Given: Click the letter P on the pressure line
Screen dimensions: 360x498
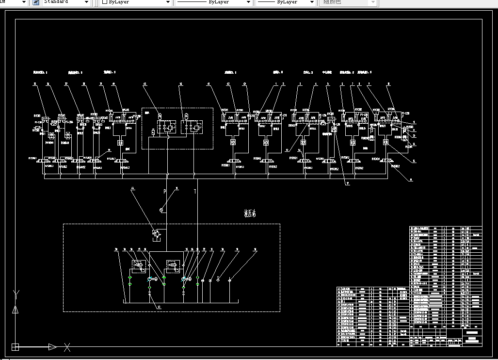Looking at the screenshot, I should (x=164, y=192).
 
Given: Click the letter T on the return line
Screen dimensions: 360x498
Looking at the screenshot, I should (x=195, y=192).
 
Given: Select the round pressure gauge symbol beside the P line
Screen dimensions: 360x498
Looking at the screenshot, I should (x=161, y=210).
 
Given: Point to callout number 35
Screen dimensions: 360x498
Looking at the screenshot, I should (x=35, y=84).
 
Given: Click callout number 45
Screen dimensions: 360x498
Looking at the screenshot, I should (x=145, y=84).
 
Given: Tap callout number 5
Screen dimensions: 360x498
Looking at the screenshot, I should (x=328, y=84).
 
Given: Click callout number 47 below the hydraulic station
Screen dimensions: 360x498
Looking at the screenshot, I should (x=158, y=307).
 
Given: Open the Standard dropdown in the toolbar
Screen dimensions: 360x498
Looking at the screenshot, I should (x=66, y=2).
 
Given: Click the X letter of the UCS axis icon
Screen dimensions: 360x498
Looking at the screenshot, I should (x=68, y=347).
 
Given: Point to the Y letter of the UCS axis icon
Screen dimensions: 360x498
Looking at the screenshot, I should (x=16, y=294).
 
